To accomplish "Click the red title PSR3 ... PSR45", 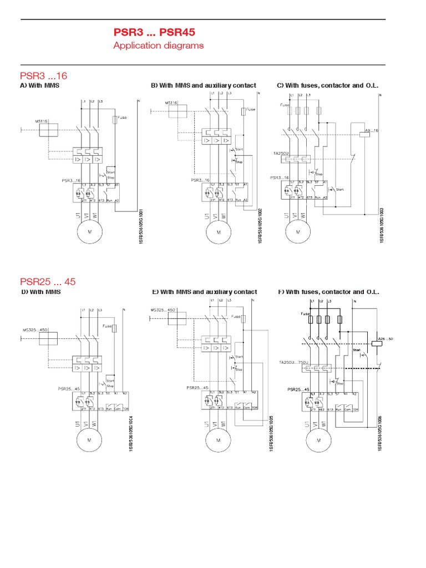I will tap(154, 33).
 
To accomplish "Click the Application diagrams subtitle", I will tap(158, 45).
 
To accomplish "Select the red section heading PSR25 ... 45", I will tap(48, 281).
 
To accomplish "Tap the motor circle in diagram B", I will tap(218, 232).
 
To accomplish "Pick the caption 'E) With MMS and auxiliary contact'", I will tap(204, 292).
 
